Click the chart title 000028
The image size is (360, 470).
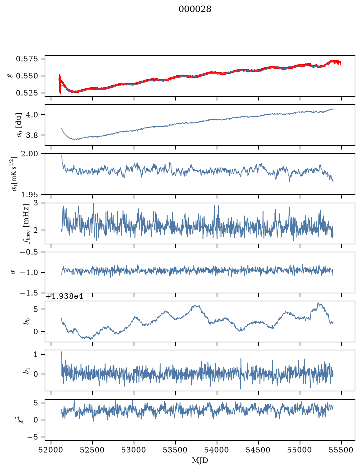(195, 9)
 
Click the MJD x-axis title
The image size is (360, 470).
(200, 460)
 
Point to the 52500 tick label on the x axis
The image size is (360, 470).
(92, 450)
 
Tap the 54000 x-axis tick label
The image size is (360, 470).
(217, 450)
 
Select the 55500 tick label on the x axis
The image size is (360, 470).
(341, 450)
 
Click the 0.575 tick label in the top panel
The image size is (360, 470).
(27, 59)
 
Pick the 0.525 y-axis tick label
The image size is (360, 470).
(27, 93)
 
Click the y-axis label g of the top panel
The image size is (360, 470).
(11, 76)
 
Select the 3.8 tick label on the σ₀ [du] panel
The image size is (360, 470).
(32, 135)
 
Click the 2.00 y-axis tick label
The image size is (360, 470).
(30, 154)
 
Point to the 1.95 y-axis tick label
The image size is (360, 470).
(30, 195)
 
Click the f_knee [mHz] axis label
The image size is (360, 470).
(27, 223)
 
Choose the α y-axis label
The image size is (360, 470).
(13, 272)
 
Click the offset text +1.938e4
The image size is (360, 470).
(64, 297)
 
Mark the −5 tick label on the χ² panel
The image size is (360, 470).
(33, 437)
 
